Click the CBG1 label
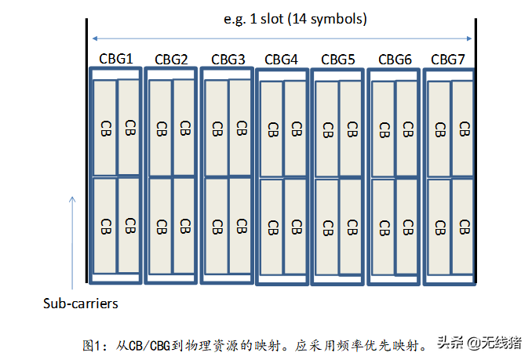(x=115, y=58)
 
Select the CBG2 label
(x=171, y=59)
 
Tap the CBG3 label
(x=228, y=59)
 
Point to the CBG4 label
(x=281, y=59)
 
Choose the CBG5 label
(x=338, y=59)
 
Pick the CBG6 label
(x=395, y=59)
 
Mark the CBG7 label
(x=448, y=59)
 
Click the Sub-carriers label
(x=80, y=302)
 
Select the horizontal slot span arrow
(x=282, y=38)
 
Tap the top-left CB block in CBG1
(x=104, y=127)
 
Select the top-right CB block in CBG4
(x=295, y=128)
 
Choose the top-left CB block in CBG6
(x=384, y=128)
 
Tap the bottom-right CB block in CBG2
(x=184, y=227)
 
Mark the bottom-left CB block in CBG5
(x=327, y=227)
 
